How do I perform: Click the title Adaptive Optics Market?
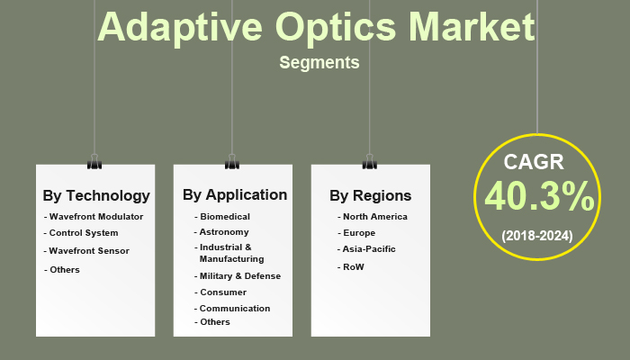(x=316, y=27)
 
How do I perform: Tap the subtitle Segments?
(x=319, y=63)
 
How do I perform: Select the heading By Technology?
(x=96, y=195)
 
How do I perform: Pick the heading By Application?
(x=234, y=194)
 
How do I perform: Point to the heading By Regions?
(x=370, y=195)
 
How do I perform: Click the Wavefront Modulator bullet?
(x=95, y=216)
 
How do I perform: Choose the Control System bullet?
(x=83, y=233)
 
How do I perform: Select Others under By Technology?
(x=64, y=269)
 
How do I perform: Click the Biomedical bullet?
(x=224, y=216)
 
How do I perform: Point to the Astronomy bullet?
(x=224, y=231)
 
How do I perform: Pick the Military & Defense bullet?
(x=239, y=275)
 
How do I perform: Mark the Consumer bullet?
(x=222, y=292)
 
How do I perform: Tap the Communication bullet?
(x=234, y=308)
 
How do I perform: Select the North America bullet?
(x=374, y=216)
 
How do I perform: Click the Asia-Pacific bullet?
(x=368, y=248)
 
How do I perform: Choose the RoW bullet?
(x=352, y=266)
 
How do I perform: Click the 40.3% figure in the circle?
(x=538, y=197)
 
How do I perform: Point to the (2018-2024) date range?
(x=536, y=235)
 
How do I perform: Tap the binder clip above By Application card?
(x=232, y=162)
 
